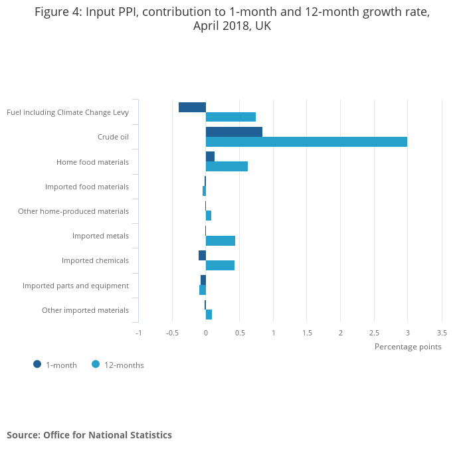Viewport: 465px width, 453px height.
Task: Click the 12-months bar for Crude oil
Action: [x=306, y=141]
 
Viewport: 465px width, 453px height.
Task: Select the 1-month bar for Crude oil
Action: [x=234, y=132]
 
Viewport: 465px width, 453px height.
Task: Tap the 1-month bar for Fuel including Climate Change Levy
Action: [x=192, y=107]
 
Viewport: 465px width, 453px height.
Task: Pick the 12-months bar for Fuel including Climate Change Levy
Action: [x=231, y=117]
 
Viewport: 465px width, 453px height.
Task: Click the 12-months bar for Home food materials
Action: [x=227, y=166]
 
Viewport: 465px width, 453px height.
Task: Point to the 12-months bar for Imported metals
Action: [x=221, y=240]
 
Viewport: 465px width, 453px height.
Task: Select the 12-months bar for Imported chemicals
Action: [x=220, y=265]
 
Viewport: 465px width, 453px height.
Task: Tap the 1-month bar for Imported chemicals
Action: [x=202, y=255]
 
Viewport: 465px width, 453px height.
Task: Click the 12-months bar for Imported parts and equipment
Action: [x=203, y=290]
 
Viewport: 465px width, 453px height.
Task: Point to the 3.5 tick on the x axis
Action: [x=441, y=332]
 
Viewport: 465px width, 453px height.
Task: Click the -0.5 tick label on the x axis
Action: [x=172, y=332]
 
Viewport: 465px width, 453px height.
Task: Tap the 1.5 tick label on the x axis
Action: [x=306, y=332]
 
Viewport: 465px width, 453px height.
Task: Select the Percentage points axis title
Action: [x=407, y=346]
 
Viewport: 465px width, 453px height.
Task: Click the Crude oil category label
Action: [x=113, y=137]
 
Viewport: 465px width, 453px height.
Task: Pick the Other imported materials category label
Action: [x=85, y=310]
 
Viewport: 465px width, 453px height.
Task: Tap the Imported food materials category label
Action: [x=87, y=187]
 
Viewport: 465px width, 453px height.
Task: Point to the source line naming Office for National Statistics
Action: [x=89, y=435]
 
